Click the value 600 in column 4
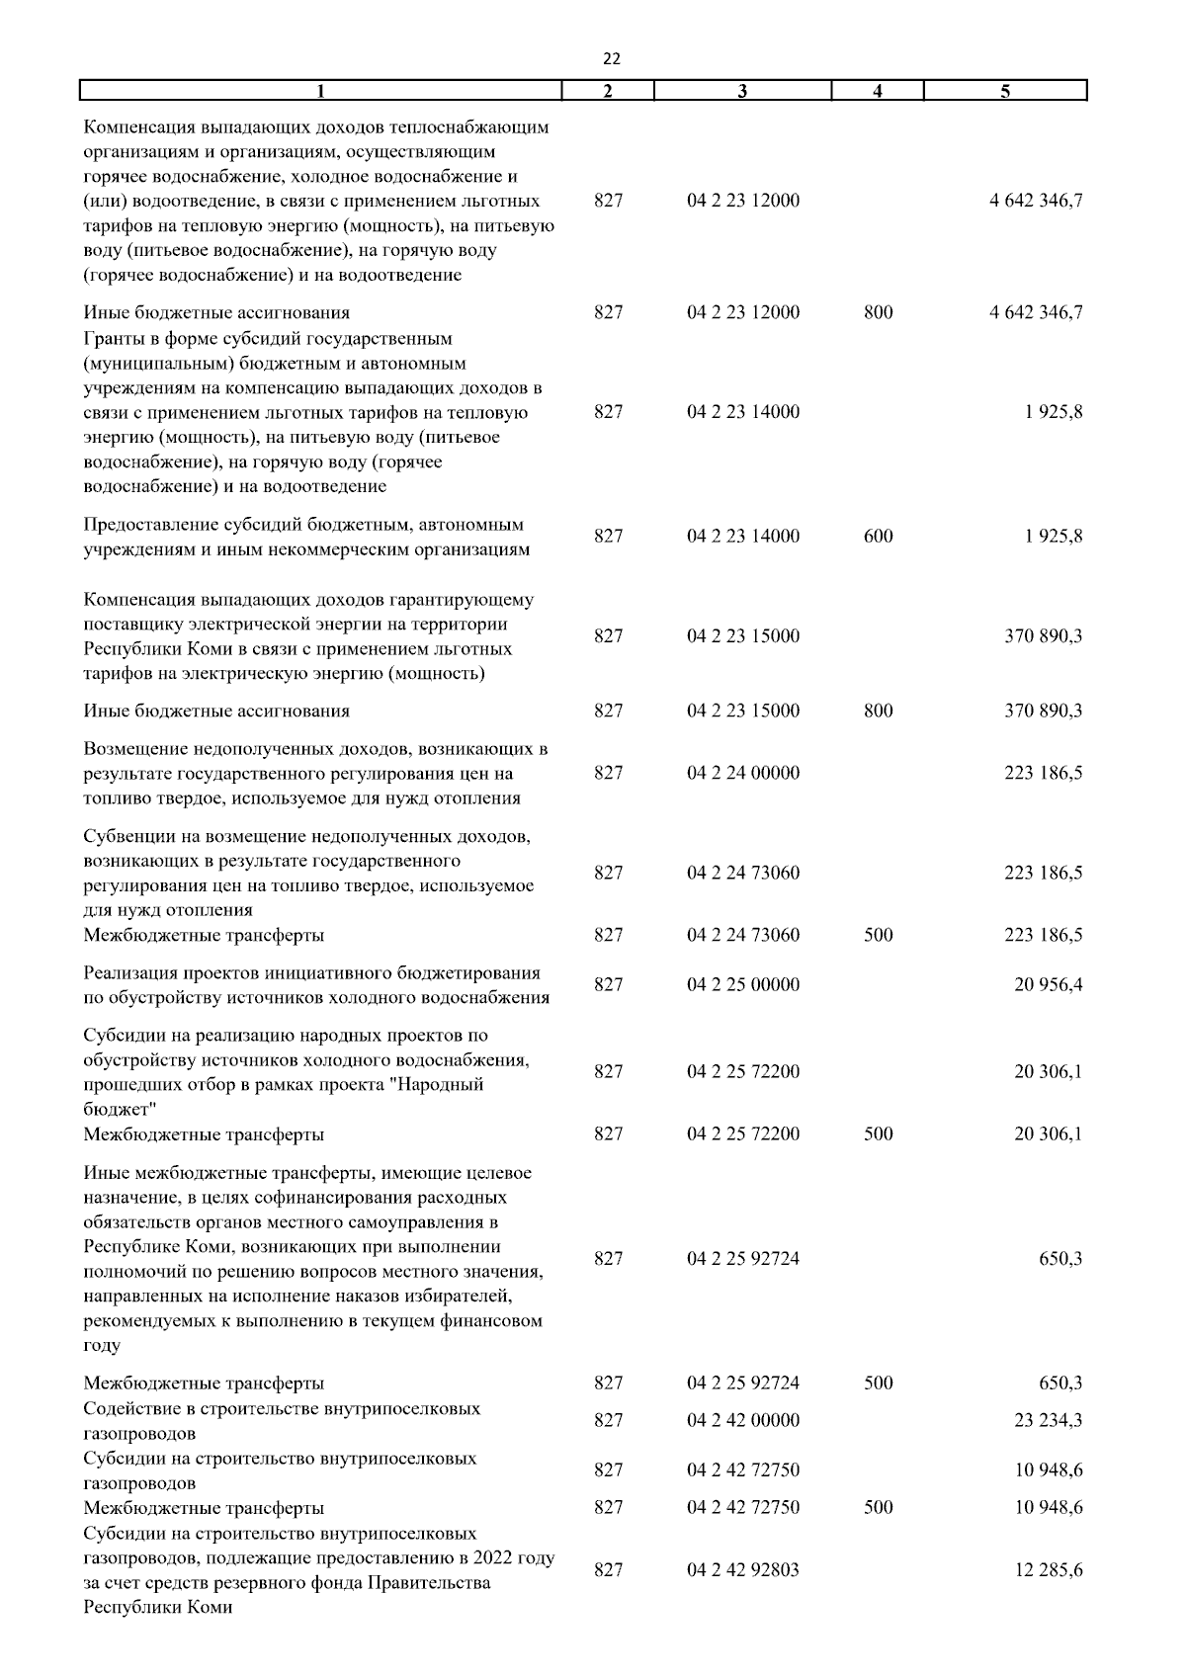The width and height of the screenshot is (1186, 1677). pos(878,537)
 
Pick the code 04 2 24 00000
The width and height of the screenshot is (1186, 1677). pos(743,773)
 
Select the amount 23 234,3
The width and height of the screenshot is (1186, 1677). pos(1048,1420)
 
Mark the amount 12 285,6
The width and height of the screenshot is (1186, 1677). pos(1048,1569)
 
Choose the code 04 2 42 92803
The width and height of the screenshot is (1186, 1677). pos(743,1569)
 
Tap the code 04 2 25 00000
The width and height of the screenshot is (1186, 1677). pos(743,984)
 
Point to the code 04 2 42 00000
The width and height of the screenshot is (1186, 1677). pos(743,1420)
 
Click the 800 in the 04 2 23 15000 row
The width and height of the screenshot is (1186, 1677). pos(878,711)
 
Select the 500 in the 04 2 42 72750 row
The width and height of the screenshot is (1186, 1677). pos(878,1507)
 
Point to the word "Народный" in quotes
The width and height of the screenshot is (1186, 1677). pos(446,1085)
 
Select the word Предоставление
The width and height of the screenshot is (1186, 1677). pos(148,524)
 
